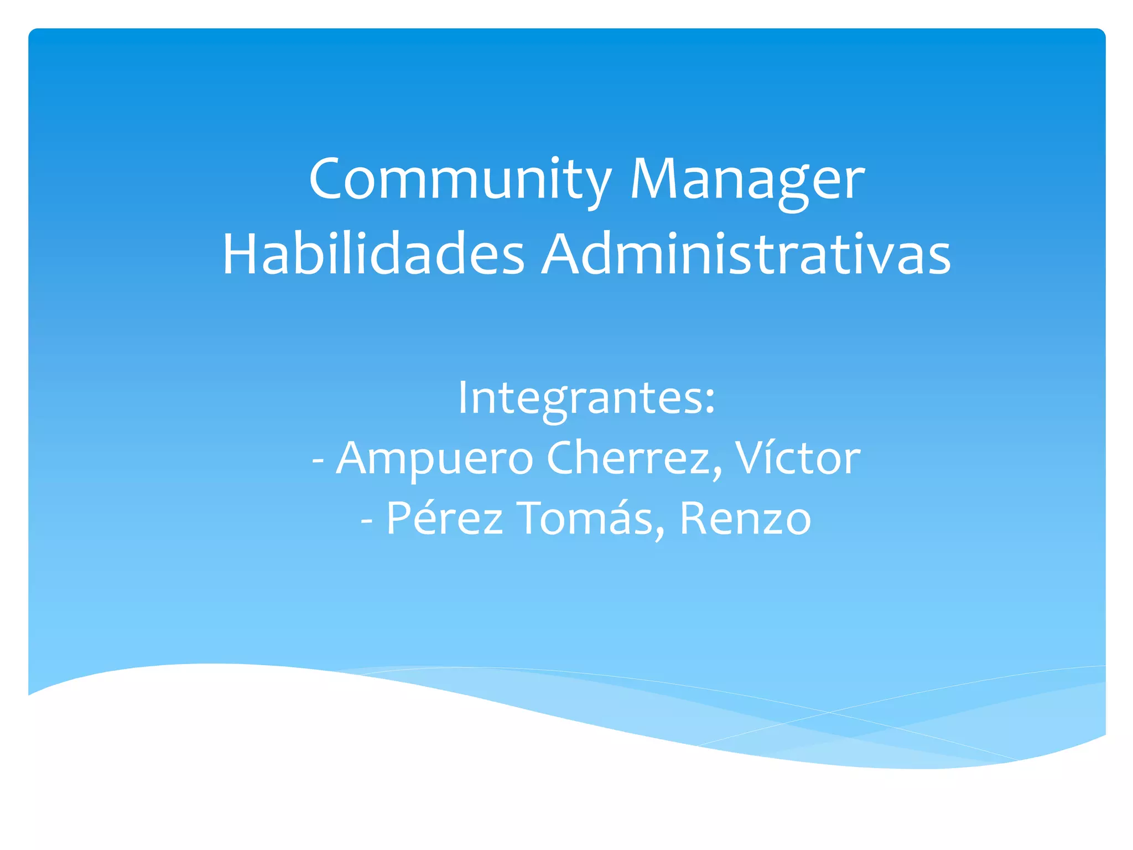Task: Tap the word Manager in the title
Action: point(747,179)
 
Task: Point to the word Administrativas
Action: point(746,255)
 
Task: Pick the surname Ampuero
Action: point(434,458)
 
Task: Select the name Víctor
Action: point(797,458)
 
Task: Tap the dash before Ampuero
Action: point(318,460)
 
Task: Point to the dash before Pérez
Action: point(366,520)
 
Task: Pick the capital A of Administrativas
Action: point(562,255)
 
